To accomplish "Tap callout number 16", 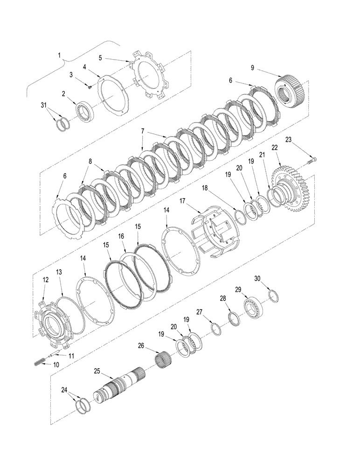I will click(x=121, y=236).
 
